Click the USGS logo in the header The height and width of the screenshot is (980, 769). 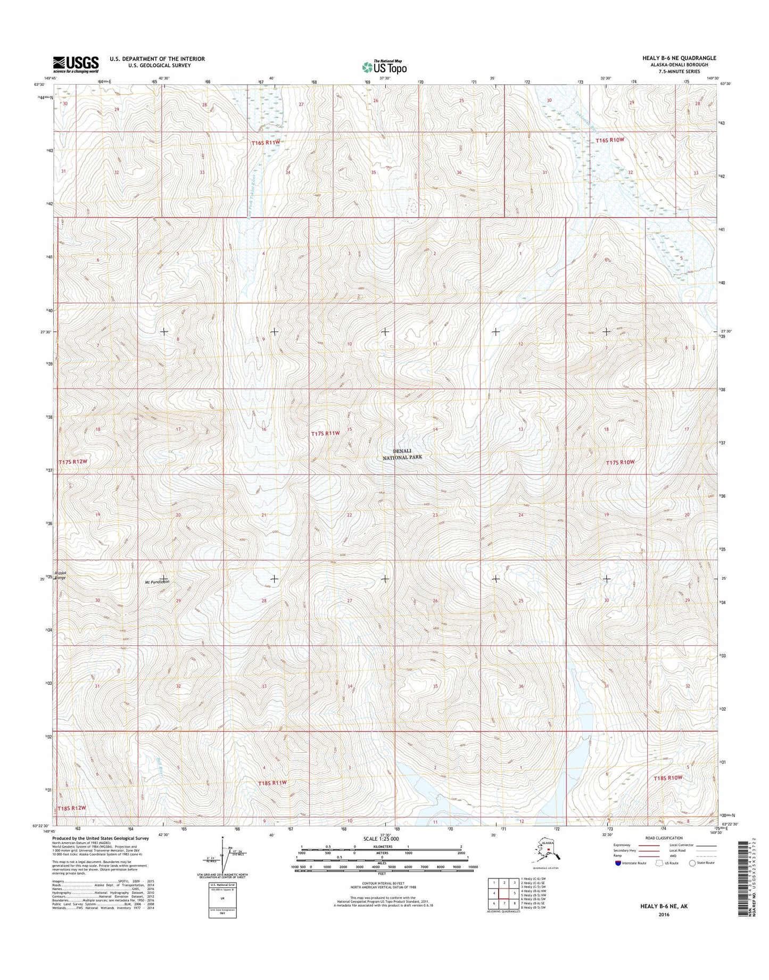tap(76, 64)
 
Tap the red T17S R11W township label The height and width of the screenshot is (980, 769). tap(325, 434)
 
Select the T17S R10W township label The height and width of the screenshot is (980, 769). tap(620, 462)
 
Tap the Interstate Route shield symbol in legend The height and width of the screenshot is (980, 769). tap(617, 878)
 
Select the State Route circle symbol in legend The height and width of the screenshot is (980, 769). tap(692, 878)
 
